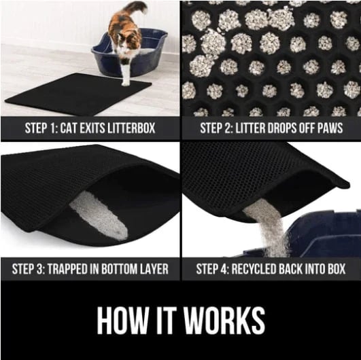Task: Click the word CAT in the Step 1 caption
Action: [69, 128]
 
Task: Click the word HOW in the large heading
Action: [122, 320]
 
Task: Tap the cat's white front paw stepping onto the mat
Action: [126, 80]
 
